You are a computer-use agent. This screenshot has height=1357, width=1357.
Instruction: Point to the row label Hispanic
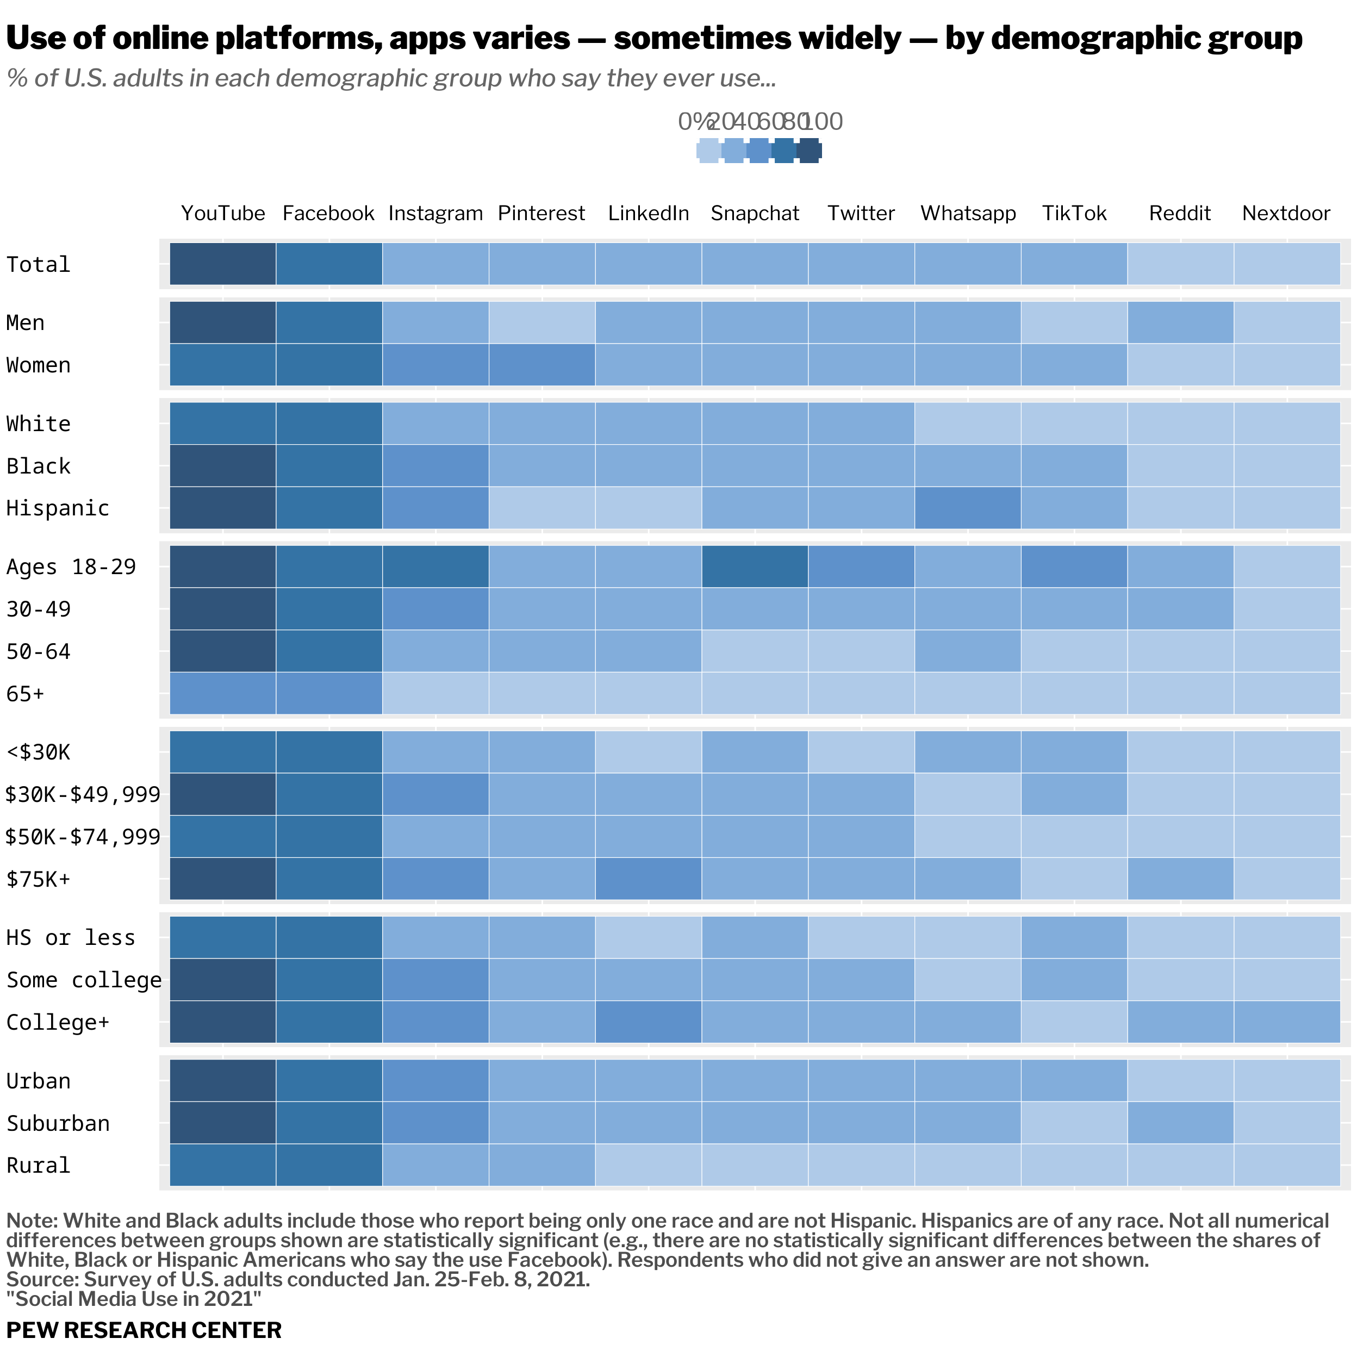[58, 508]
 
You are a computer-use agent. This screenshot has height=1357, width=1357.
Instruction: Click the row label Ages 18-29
[71, 567]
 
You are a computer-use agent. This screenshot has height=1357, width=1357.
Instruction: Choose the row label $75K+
[39, 879]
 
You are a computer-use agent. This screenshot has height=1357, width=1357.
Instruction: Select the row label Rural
[39, 1165]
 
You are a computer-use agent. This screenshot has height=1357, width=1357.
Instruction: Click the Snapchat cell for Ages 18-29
[755, 567]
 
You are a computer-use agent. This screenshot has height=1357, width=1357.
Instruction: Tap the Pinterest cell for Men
[541, 322]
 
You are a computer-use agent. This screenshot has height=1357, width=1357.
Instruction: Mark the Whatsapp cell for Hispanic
[967, 508]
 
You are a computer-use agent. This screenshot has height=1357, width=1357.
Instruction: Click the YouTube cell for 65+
[223, 693]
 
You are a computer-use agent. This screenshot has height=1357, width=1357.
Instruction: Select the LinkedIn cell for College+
[648, 1022]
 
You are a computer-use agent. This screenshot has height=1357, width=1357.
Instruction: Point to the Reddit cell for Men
[1180, 322]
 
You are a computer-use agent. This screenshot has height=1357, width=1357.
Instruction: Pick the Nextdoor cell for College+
[1286, 1022]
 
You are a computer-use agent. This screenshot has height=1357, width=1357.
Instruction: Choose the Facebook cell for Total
[329, 264]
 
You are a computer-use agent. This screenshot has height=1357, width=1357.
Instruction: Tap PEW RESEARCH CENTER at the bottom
[144, 1330]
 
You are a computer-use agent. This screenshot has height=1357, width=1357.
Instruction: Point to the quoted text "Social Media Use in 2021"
[133, 1299]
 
